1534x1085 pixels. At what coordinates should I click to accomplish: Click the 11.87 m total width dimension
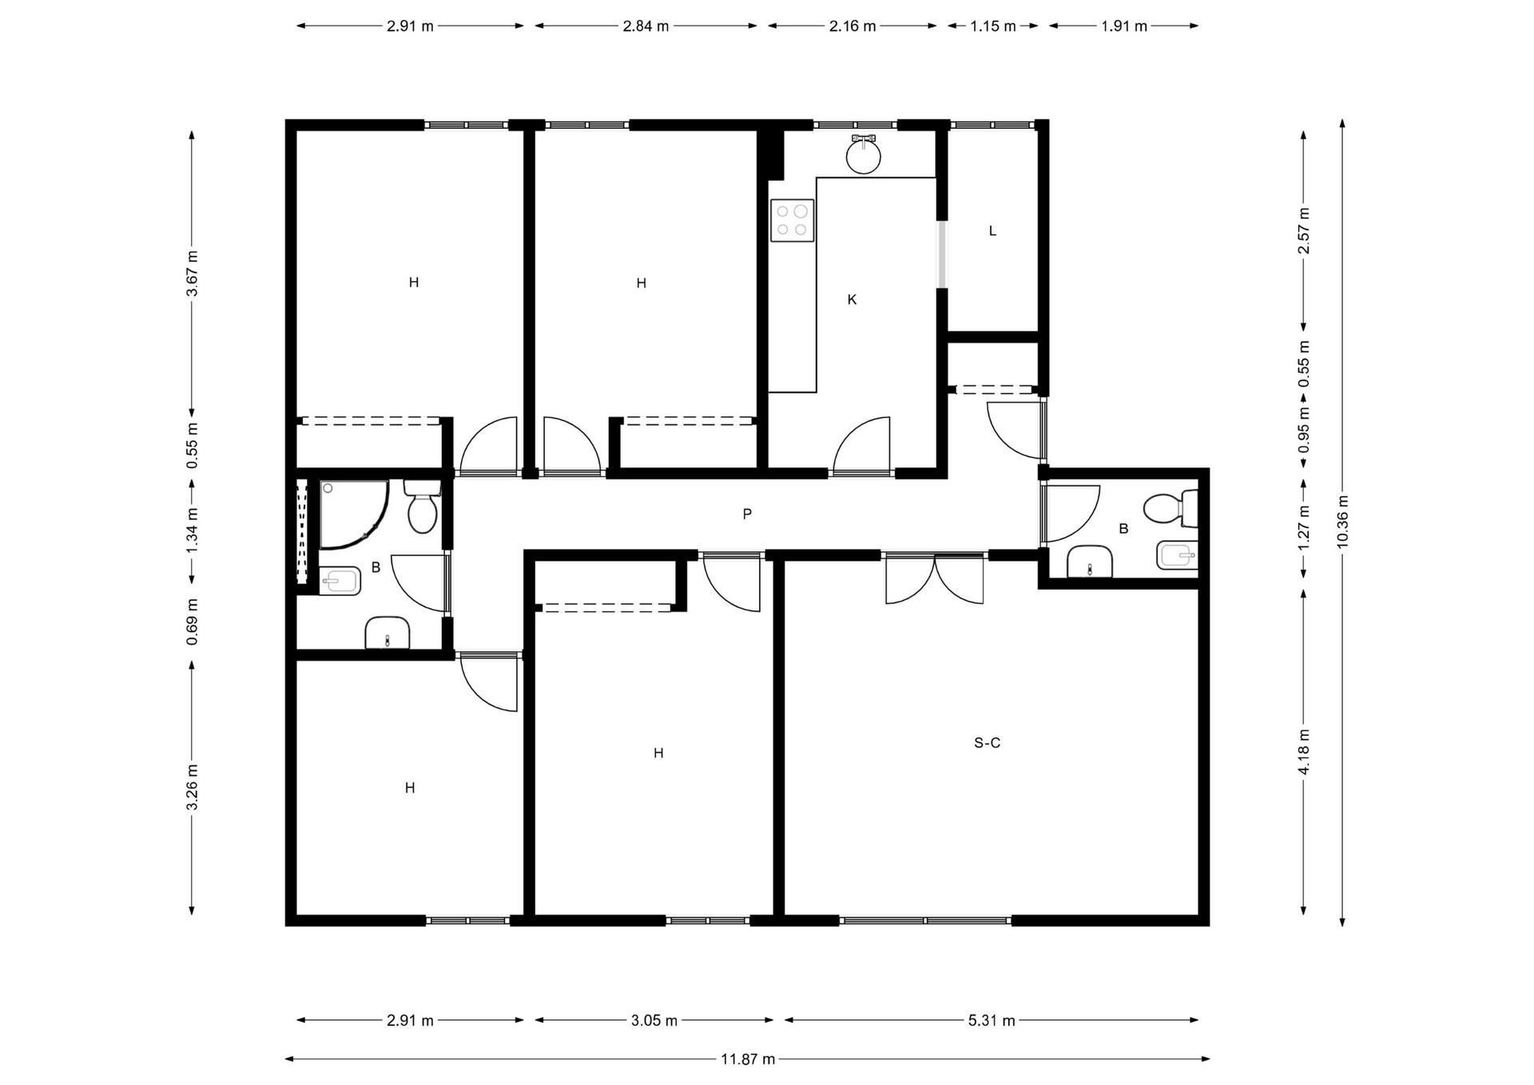(x=748, y=1059)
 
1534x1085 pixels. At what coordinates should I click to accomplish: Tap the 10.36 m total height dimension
(x=1342, y=522)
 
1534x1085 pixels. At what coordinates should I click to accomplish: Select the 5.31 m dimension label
(x=992, y=1020)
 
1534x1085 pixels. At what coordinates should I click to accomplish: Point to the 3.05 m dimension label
(x=654, y=1020)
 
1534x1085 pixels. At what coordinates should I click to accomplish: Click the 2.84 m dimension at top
(x=646, y=26)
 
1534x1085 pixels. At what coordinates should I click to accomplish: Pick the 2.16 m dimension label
(x=852, y=26)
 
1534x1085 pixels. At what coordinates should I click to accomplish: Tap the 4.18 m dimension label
(x=1304, y=752)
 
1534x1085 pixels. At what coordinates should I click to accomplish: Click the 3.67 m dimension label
(x=193, y=273)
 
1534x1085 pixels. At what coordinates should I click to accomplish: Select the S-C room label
(x=988, y=743)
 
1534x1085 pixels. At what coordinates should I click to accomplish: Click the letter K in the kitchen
(x=852, y=300)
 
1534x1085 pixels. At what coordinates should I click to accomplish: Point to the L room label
(x=992, y=231)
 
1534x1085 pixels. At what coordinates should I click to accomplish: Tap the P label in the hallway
(x=747, y=514)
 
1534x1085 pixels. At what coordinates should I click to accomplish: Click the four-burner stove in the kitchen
(x=792, y=221)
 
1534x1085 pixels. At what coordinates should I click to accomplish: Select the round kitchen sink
(x=864, y=154)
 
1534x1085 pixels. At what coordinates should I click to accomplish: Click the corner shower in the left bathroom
(x=354, y=514)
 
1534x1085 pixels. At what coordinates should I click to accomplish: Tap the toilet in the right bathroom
(x=1170, y=509)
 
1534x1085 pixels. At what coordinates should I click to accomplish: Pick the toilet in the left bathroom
(x=422, y=507)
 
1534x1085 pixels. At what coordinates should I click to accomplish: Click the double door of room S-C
(x=935, y=578)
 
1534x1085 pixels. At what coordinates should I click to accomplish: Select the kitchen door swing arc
(x=861, y=445)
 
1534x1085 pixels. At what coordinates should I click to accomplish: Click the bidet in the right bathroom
(x=1177, y=555)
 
